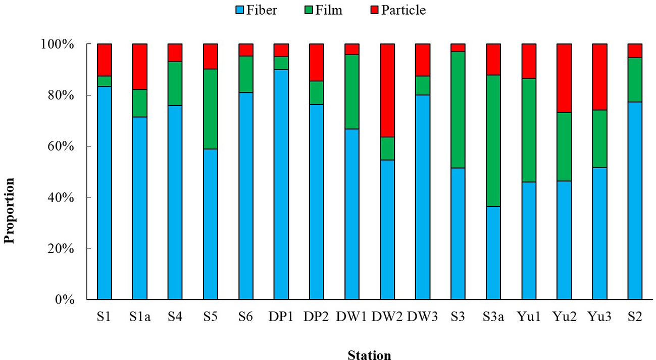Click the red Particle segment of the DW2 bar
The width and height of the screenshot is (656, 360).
(x=387, y=90)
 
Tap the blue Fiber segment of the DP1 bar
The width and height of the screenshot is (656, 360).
(x=281, y=184)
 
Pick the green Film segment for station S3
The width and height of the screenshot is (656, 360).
(x=458, y=110)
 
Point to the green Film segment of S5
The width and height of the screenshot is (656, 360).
(x=211, y=109)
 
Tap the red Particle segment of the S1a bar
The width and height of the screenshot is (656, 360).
(x=140, y=67)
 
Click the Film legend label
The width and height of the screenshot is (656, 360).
(x=328, y=10)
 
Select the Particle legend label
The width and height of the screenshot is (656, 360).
(x=403, y=10)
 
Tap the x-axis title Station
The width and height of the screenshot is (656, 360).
(x=369, y=355)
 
